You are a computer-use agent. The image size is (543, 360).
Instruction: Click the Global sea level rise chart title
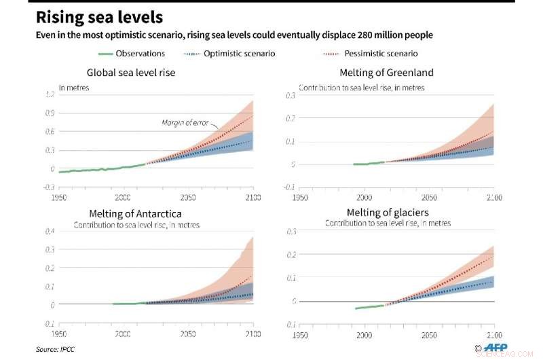[131, 73]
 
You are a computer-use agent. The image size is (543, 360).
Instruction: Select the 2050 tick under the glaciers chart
[429, 335]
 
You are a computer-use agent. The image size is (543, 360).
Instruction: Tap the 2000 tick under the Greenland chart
[364, 198]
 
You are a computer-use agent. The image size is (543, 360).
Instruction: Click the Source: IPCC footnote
[55, 350]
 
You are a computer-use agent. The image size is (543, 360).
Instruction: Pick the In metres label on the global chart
[74, 88]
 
